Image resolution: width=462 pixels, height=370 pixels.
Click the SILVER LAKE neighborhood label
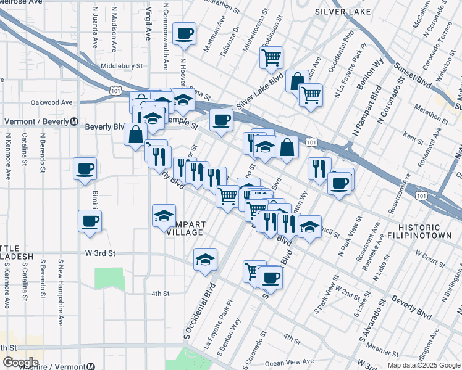(x=343, y=12)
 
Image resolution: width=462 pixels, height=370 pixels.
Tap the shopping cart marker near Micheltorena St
(x=271, y=58)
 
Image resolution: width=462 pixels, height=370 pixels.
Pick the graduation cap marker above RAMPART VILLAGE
(x=164, y=215)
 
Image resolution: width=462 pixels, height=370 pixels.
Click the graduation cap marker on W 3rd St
(x=205, y=260)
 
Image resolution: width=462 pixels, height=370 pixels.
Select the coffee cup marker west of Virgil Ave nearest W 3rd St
(x=90, y=221)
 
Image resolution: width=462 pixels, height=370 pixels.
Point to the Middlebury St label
(x=122, y=65)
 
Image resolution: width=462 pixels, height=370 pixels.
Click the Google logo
(x=20, y=363)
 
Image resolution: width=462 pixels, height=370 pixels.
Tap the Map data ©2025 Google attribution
(x=424, y=365)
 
